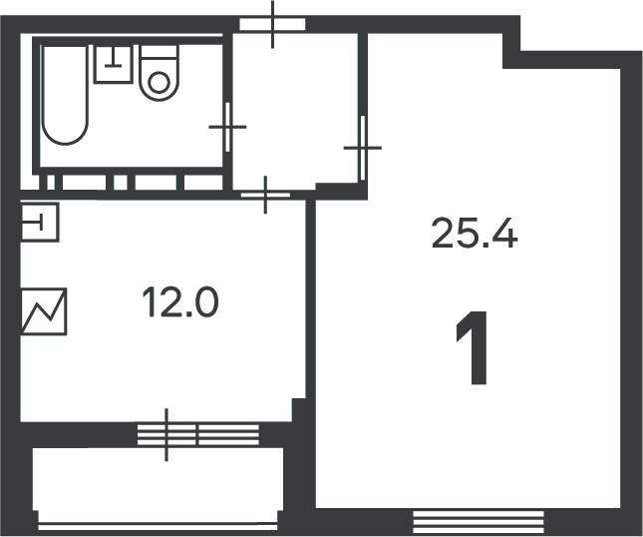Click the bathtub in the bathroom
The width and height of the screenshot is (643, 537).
click(x=65, y=95)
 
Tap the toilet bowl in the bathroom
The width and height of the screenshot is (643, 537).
click(x=160, y=81)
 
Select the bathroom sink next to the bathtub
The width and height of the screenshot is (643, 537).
click(x=114, y=64)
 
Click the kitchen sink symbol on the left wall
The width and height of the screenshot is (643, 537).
click(x=39, y=223)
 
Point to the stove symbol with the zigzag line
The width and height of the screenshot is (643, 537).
click(x=43, y=311)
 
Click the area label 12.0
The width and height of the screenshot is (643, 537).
click(x=180, y=302)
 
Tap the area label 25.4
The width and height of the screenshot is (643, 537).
click(x=475, y=234)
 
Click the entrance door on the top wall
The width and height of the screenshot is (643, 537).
click(x=272, y=24)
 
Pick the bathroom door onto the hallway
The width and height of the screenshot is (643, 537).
click(x=228, y=127)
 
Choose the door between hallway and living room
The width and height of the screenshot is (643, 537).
click(x=363, y=148)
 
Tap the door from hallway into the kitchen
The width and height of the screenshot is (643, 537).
click(x=265, y=195)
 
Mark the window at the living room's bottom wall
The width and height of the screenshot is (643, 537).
click(x=479, y=522)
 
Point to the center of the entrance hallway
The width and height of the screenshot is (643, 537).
click(x=295, y=111)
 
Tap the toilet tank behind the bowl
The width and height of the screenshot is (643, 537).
click(x=160, y=52)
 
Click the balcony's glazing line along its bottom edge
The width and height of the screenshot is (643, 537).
click(x=158, y=527)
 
